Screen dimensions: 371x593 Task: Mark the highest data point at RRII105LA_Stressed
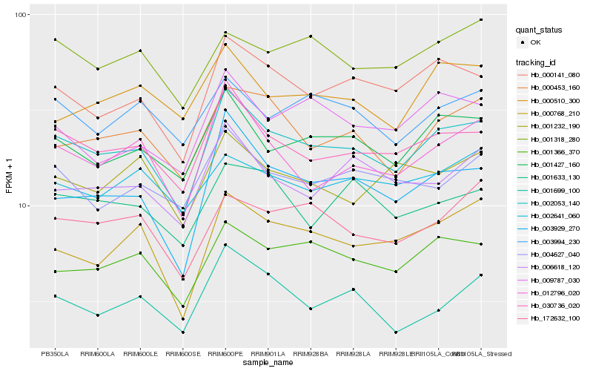(x=481, y=19)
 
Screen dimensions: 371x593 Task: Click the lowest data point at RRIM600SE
(x=182, y=332)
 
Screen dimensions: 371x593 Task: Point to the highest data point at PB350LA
(x=55, y=39)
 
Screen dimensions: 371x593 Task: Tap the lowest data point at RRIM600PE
(x=225, y=245)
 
